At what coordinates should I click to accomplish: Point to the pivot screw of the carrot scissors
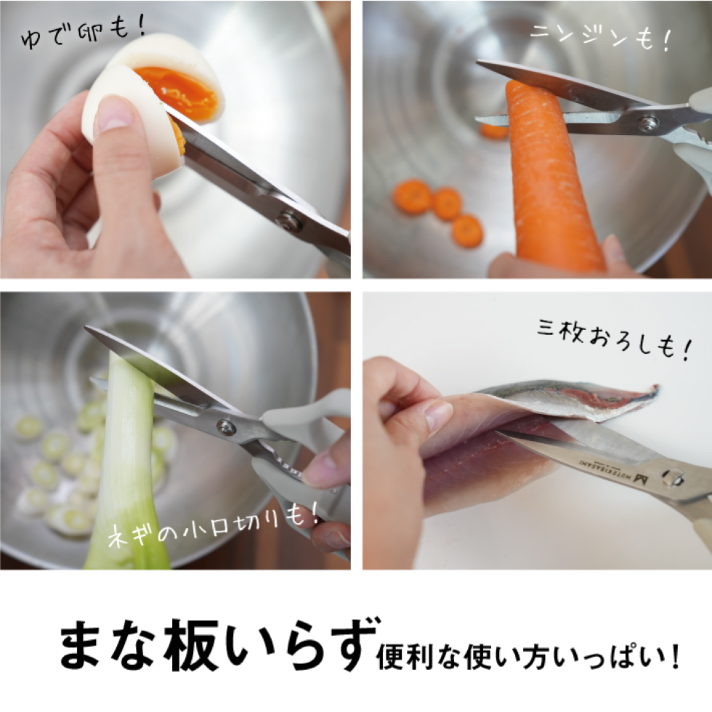point(646,124)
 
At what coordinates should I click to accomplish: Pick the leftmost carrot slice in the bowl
point(412,196)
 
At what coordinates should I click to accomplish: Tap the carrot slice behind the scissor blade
point(494,132)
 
